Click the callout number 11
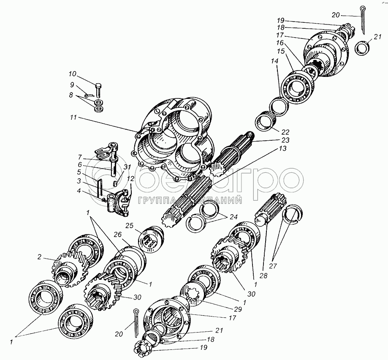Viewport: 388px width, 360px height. pos(73,117)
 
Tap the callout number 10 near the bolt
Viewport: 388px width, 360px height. pos(73,74)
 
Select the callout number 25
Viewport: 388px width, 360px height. pos(129,226)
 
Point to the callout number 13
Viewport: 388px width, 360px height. pos(282,148)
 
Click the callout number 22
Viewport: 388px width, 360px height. pos(285,132)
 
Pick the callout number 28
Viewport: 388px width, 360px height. pos(264,275)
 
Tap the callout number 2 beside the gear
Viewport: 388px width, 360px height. pos(39,257)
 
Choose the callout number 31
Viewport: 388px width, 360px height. pos(127,168)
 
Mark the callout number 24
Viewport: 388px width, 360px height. pos(233,217)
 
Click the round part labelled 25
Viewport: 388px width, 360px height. pos(151,239)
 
